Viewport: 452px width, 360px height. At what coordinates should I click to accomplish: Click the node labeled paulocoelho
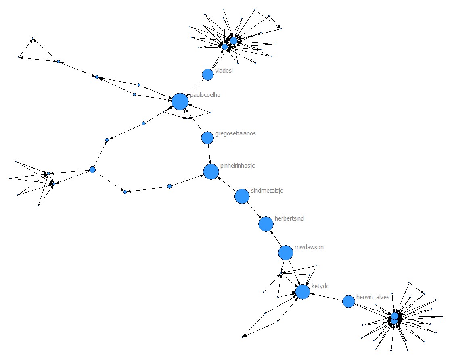(x=180, y=102)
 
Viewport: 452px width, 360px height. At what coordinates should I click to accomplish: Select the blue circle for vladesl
(x=207, y=75)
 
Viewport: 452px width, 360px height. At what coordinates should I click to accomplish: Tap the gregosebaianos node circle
(x=207, y=138)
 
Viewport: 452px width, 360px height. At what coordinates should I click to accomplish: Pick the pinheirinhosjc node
(x=211, y=172)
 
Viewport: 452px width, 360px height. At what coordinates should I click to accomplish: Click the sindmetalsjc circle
(x=242, y=196)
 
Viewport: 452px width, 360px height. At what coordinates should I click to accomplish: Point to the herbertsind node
(x=266, y=224)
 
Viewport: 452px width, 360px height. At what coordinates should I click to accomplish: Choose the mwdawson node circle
(x=286, y=253)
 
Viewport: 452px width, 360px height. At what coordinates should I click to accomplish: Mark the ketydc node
(x=303, y=292)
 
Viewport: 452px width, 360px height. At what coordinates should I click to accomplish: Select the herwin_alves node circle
(x=349, y=302)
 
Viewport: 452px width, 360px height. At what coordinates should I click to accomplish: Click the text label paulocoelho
(x=205, y=95)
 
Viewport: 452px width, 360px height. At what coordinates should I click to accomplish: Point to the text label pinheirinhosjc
(x=238, y=166)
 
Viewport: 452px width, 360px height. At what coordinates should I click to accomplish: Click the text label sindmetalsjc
(x=267, y=191)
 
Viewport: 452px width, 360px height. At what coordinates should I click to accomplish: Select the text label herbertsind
(x=289, y=218)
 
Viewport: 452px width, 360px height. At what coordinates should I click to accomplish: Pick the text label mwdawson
(x=309, y=247)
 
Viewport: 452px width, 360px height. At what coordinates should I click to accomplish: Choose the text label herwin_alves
(x=372, y=297)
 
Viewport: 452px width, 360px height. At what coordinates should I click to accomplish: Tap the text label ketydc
(x=320, y=286)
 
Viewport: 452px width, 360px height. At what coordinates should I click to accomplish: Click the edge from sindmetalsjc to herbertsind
(x=254, y=210)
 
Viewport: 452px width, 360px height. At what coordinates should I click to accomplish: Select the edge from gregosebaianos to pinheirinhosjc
(x=209, y=153)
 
